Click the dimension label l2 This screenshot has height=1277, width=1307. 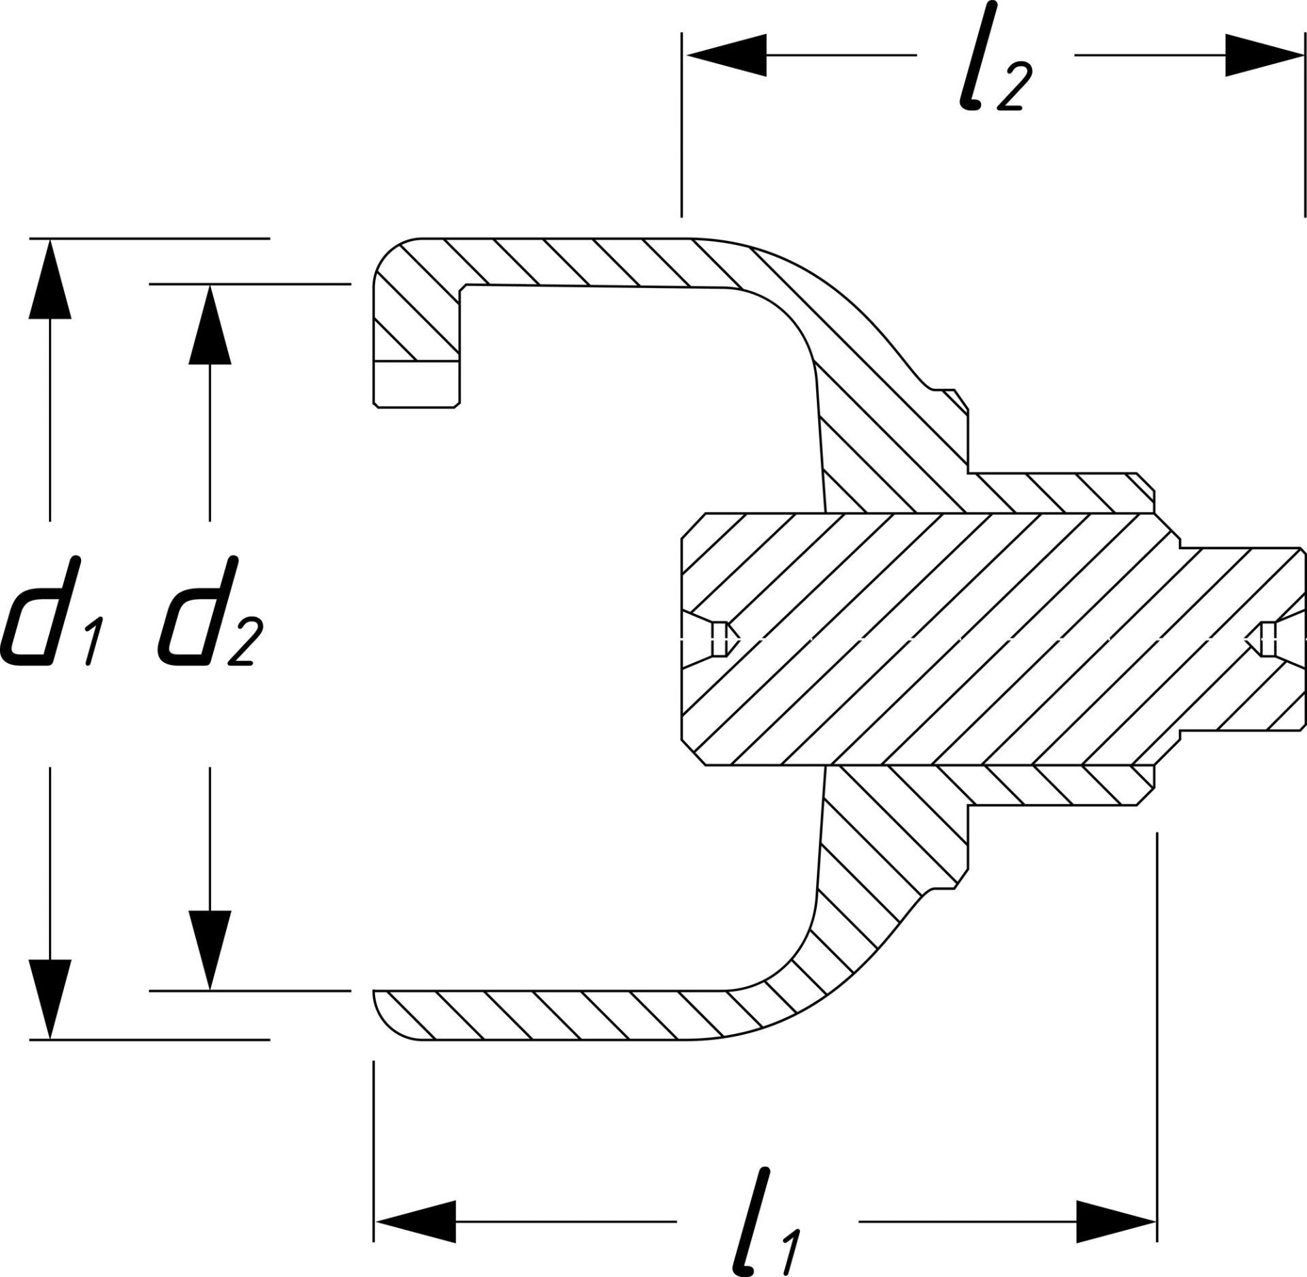coord(991,78)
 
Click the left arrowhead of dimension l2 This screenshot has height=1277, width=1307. coord(725,55)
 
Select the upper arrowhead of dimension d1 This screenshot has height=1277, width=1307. coord(50,279)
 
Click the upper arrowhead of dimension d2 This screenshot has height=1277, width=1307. coord(210,324)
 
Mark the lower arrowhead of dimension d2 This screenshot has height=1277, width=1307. coord(210,950)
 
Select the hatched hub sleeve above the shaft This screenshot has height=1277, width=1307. coord(1062,493)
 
